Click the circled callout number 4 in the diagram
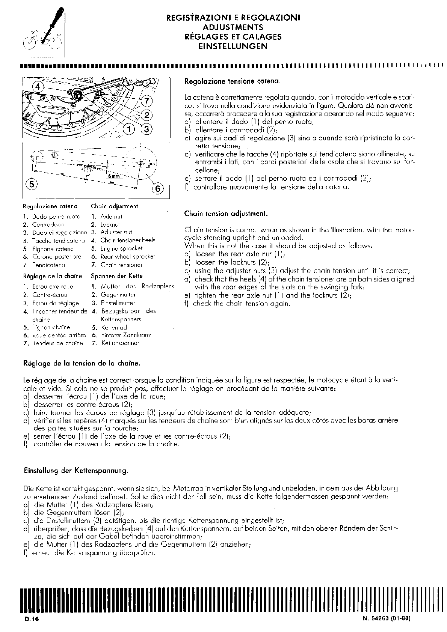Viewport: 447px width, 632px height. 38,87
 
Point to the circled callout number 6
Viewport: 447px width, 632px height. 158,188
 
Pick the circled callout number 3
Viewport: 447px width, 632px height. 146,129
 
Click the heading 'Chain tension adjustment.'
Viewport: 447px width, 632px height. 226,214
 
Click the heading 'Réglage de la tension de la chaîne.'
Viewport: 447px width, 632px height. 82,363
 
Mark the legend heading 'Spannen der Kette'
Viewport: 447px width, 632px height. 117,276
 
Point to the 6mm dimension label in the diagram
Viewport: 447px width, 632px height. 113,176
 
